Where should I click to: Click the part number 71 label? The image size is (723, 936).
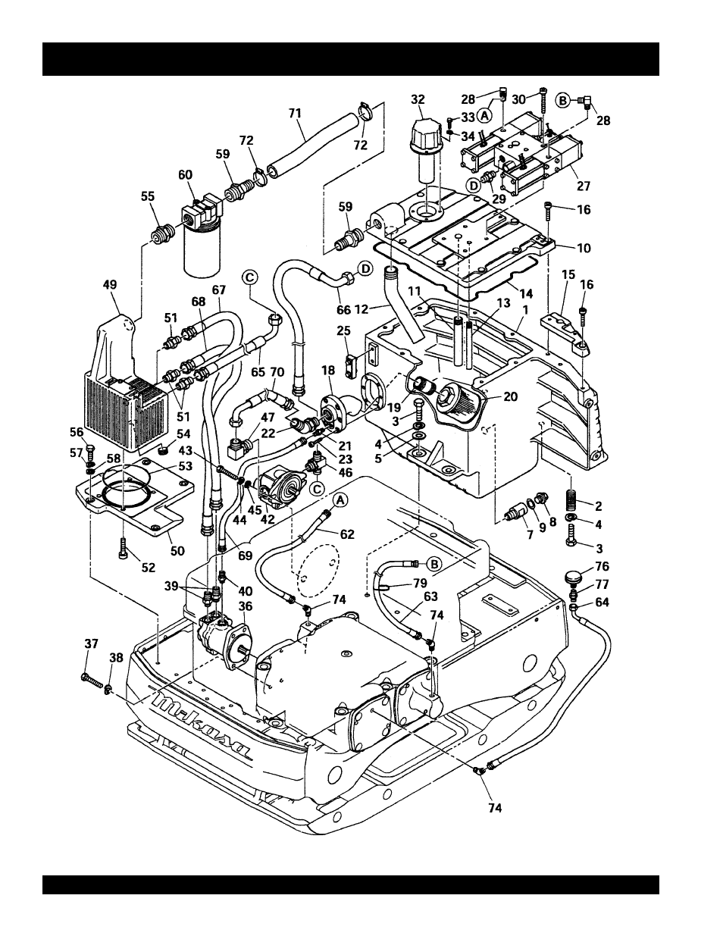click(295, 113)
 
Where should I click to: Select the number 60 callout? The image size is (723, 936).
click(185, 175)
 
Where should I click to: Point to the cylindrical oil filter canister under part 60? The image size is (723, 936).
click(202, 252)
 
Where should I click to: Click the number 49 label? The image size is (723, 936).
click(110, 285)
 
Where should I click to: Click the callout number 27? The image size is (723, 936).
click(584, 186)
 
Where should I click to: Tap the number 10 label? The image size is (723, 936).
click(584, 248)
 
